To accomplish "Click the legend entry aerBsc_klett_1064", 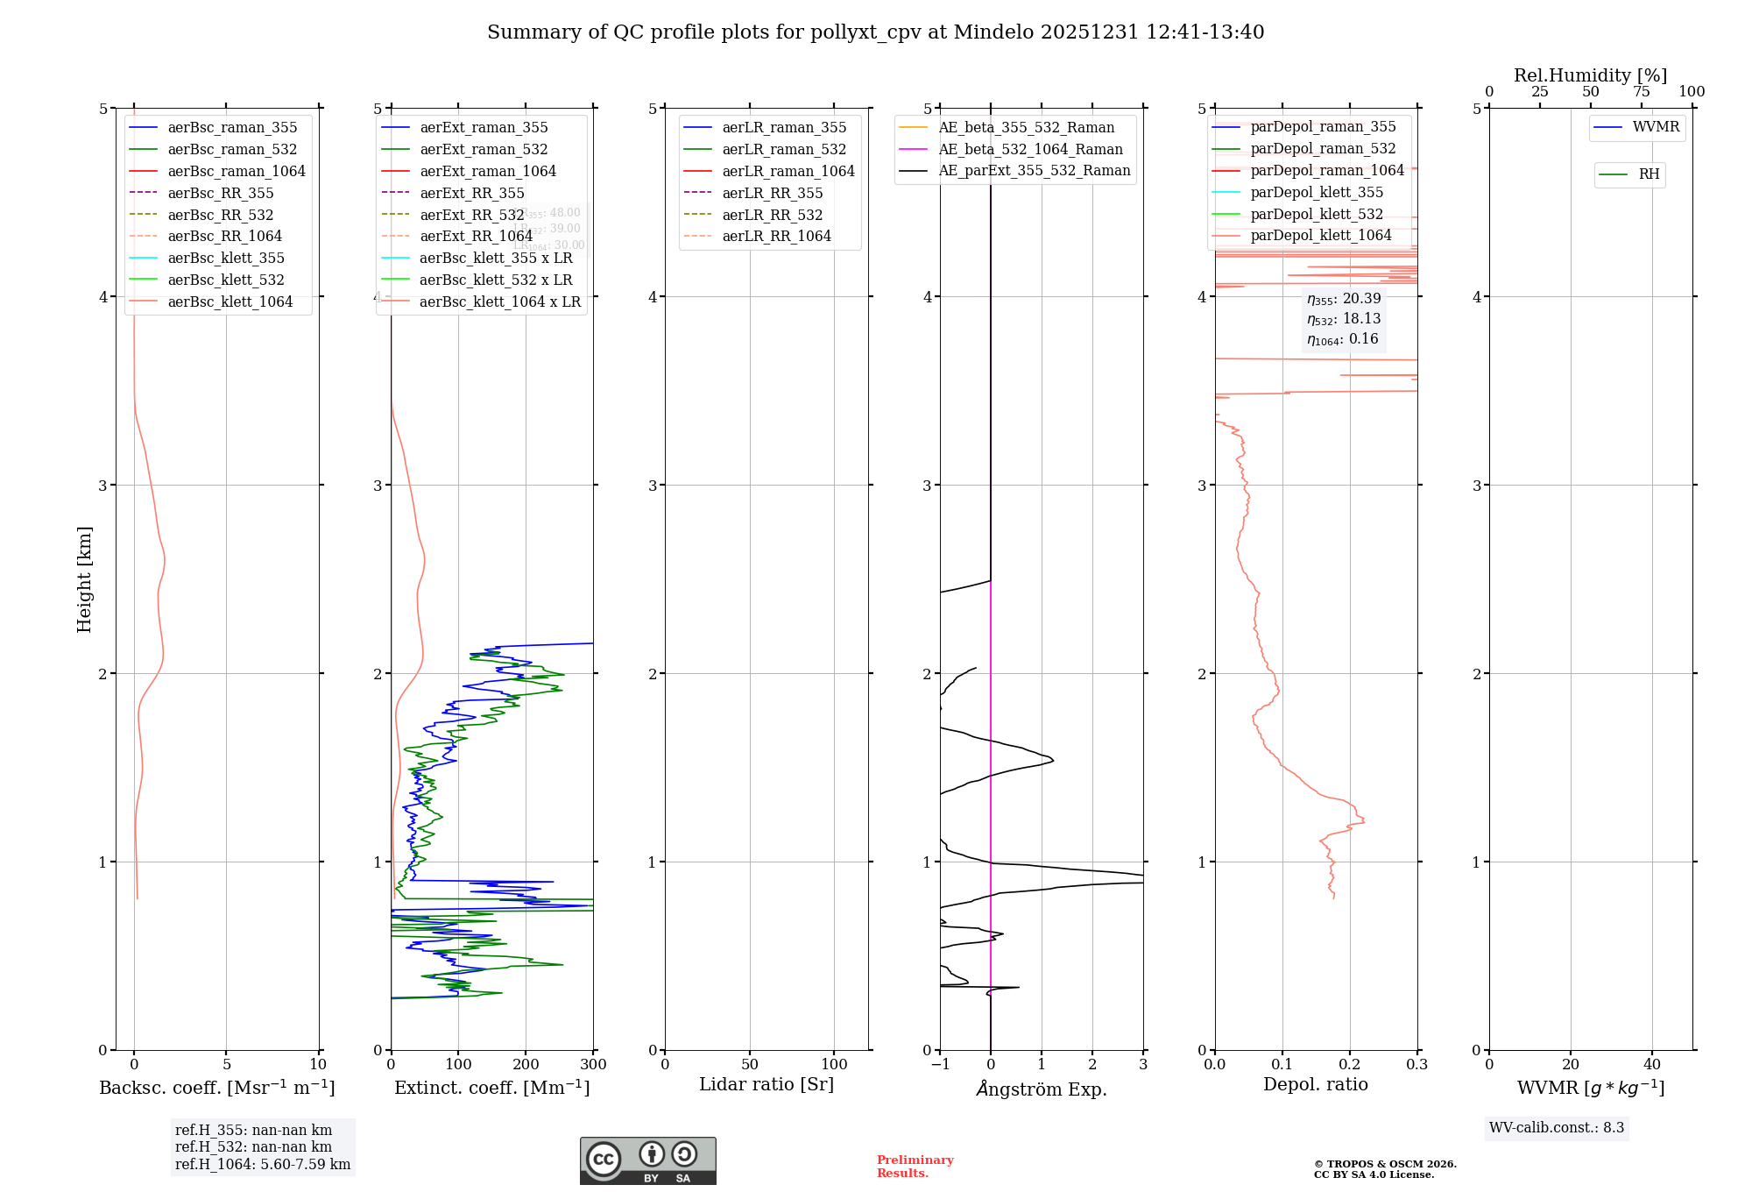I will click(230, 302).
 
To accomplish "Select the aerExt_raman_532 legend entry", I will click(484, 149).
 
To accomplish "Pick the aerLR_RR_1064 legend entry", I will click(776, 236).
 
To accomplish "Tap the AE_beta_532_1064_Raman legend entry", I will click(1030, 149).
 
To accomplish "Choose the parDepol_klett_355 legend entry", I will click(1317, 192).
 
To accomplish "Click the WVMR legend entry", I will click(1656, 127).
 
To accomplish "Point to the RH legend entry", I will click(1649, 174).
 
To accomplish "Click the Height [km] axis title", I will click(84, 578).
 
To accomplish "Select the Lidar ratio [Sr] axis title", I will click(766, 1084).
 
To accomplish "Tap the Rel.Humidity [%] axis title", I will click(1590, 75).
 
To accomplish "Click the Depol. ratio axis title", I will click(1315, 1084).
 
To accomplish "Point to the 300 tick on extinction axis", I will click(593, 1065).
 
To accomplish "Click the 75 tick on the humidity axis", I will click(1641, 92).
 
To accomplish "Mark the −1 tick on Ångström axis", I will click(940, 1065).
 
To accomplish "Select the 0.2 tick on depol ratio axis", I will click(1350, 1065).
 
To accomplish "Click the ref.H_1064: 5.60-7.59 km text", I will click(262, 1165).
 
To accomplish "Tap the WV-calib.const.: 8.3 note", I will click(1557, 1128).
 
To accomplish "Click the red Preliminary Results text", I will click(915, 1167).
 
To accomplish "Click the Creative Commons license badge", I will click(647, 1161).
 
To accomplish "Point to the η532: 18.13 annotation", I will click(1344, 319).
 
